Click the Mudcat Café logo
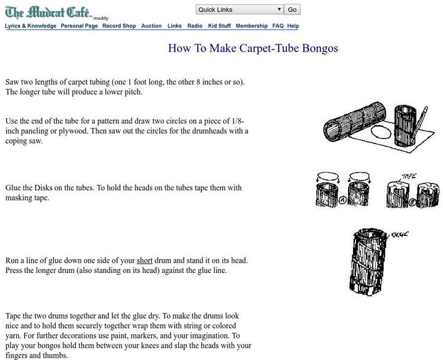[48, 13]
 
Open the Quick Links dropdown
[240, 10]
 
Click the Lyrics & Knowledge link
[31, 26]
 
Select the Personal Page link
[79, 26]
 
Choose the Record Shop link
[119, 26]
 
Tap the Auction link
[151, 26]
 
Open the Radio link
[194, 26]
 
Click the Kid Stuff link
[219, 26]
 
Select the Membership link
[252, 26]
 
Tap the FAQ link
[278, 26]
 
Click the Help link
[293, 26]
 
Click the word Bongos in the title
[320, 48]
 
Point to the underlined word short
[145, 260]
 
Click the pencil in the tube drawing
[419, 125]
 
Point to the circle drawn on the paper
[381, 132]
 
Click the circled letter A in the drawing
[342, 200]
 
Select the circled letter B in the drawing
[412, 202]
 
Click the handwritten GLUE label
[400, 234]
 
